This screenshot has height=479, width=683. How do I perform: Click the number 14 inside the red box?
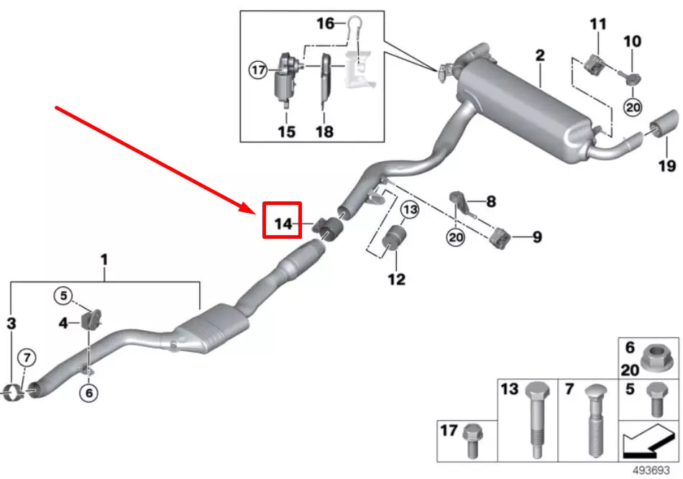pyautogui.click(x=283, y=224)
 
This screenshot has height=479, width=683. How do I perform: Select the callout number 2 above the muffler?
pyautogui.click(x=539, y=55)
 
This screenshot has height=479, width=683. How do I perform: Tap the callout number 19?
pyautogui.click(x=666, y=166)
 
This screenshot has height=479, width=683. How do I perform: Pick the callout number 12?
pyautogui.click(x=396, y=279)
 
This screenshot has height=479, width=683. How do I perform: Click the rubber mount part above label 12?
pyautogui.click(x=394, y=240)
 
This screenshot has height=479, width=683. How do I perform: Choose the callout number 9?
pyautogui.click(x=536, y=236)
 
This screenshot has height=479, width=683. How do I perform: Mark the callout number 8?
pyautogui.click(x=491, y=202)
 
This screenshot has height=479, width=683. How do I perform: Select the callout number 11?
pyautogui.click(x=598, y=24)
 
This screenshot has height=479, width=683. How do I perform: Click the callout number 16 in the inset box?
pyautogui.click(x=326, y=24)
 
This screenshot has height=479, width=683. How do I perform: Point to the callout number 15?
pyautogui.click(x=286, y=132)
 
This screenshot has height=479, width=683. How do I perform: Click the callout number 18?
pyautogui.click(x=324, y=132)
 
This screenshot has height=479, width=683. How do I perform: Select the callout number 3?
pyautogui.click(x=11, y=324)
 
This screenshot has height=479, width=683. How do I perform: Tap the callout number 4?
pyautogui.click(x=63, y=324)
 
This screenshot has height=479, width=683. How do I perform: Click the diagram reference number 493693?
pyautogui.click(x=656, y=471)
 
